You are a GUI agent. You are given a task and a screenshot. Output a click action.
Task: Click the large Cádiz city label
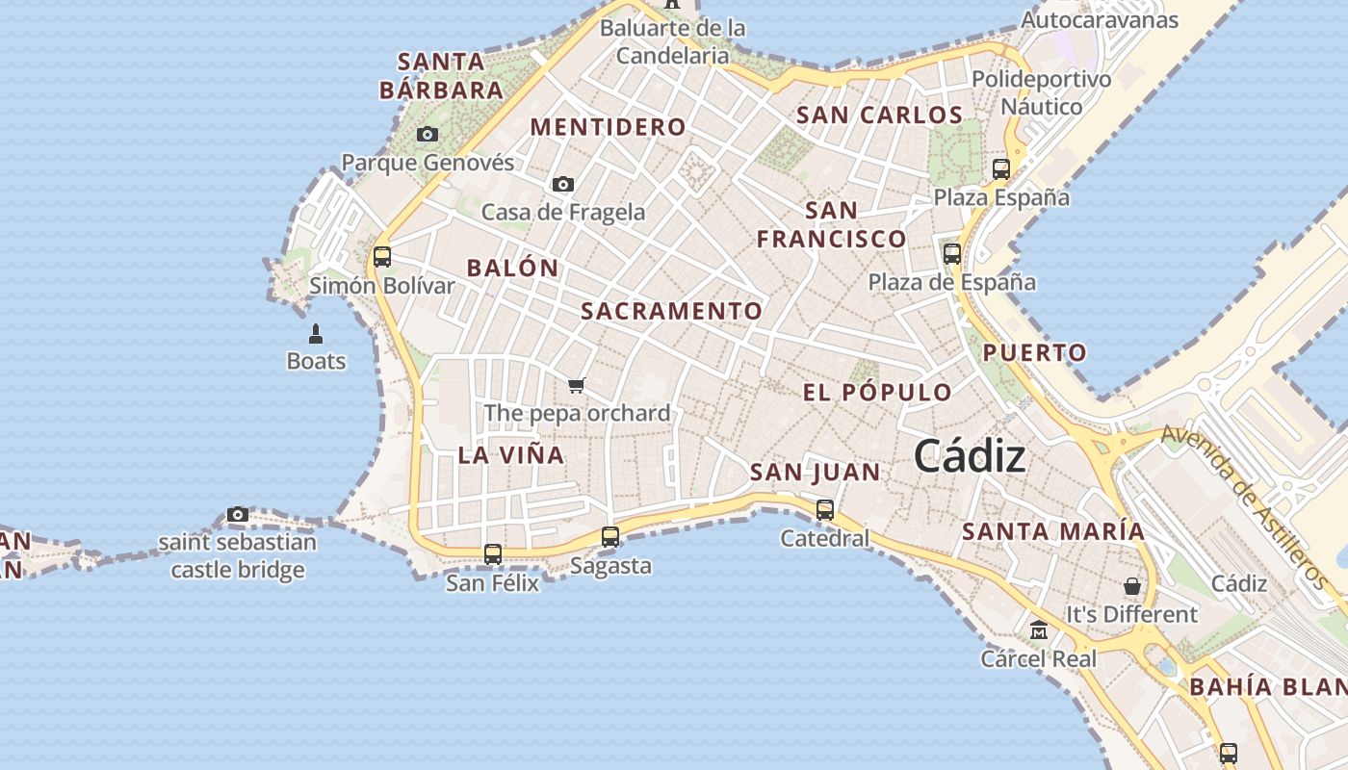pos(970,456)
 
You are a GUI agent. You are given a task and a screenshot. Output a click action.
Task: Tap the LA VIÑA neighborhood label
pos(511,455)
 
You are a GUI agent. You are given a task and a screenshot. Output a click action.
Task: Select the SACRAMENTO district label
pos(672,311)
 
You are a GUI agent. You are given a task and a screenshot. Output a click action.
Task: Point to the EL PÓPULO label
pos(877,393)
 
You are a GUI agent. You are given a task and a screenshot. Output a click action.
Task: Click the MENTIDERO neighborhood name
pos(609,127)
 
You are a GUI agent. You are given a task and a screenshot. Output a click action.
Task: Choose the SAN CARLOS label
pos(879,115)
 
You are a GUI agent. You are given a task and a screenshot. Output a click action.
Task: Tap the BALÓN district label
pos(512,269)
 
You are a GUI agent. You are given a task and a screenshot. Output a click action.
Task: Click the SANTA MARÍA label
pos(1053,531)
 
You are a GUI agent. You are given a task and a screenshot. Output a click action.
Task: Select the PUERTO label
pos(1035,353)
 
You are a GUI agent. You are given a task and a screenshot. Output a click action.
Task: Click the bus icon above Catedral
pos(825,510)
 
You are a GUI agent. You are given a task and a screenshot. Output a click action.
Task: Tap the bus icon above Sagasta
pos(610,537)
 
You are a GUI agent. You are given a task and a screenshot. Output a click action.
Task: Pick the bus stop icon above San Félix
pos(493,554)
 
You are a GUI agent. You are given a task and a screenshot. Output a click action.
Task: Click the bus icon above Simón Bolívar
pos(382,257)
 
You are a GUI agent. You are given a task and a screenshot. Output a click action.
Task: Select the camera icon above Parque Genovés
pos(428,135)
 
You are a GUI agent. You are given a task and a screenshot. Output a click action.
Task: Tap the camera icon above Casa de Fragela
pos(563,184)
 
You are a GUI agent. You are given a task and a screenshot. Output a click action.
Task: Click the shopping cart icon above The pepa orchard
pos(576,386)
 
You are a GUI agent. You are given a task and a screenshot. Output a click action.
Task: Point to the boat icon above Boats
pos(315,334)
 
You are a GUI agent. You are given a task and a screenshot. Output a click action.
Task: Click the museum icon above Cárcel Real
pos(1038,630)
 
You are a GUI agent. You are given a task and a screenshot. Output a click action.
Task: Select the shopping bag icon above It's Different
pos(1132,585)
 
